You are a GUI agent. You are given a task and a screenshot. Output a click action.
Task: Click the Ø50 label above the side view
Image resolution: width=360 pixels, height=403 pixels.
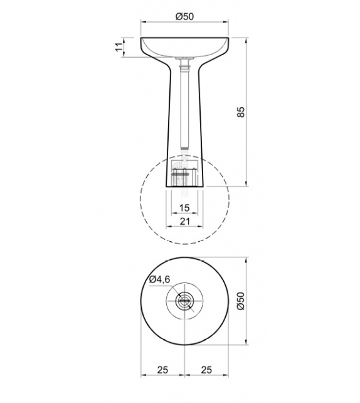tap(183, 17)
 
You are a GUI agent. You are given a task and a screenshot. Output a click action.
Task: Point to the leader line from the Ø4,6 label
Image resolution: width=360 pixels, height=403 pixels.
tap(172, 291)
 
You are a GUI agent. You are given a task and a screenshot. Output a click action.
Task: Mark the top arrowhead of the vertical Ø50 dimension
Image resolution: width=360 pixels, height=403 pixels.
tap(247, 259)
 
